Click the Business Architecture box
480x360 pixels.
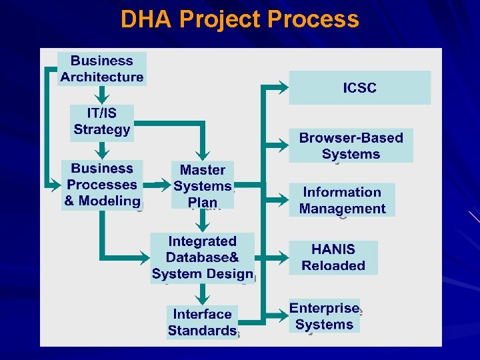[102, 69]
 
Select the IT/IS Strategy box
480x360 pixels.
[102, 121]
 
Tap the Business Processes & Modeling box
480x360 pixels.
[102, 185]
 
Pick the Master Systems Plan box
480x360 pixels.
[203, 185]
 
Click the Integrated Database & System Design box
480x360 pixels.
[203, 258]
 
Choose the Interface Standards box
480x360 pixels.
[203, 323]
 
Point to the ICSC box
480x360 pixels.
[359, 88]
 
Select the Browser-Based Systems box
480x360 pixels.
[351, 146]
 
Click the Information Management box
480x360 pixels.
[342, 200]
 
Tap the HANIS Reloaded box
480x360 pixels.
[333, 258]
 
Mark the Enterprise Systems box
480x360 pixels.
[325, 317]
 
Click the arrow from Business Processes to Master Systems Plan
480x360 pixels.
[161, 182]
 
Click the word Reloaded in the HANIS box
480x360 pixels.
[333, 266]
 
